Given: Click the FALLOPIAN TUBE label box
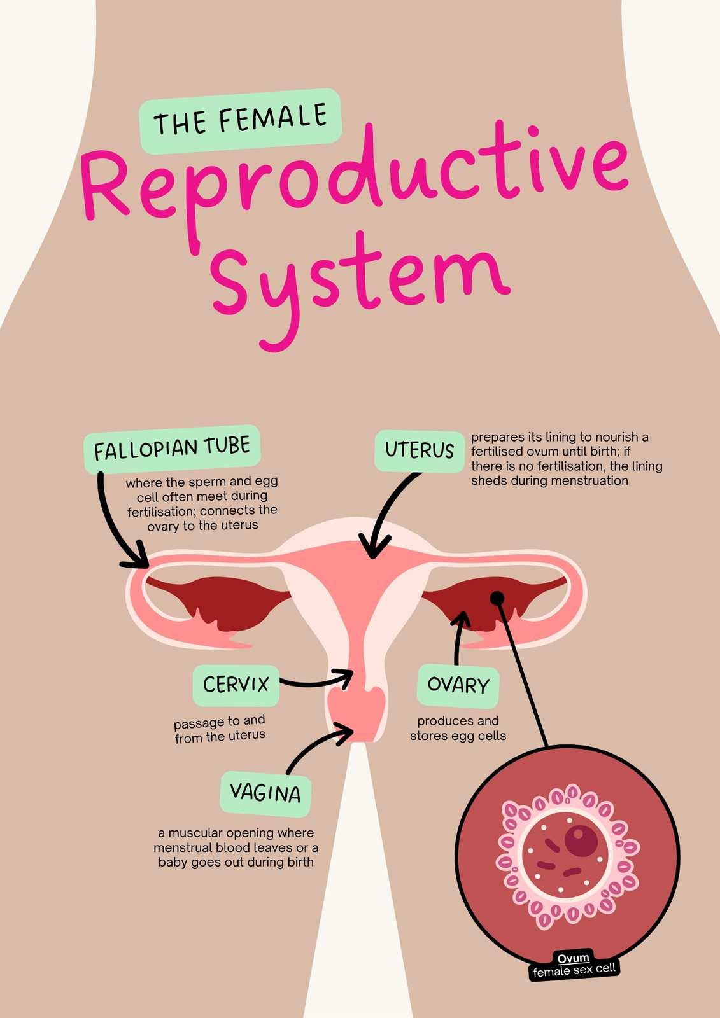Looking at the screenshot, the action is [172, 449].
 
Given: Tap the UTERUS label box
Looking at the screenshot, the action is [420, 451].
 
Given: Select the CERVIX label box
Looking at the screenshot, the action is [236, 685].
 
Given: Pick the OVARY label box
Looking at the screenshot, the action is [458, 686].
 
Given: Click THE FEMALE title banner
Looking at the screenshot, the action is [241, 121].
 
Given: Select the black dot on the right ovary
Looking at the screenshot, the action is [497, 598].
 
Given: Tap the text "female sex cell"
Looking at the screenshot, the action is [574, 970].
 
